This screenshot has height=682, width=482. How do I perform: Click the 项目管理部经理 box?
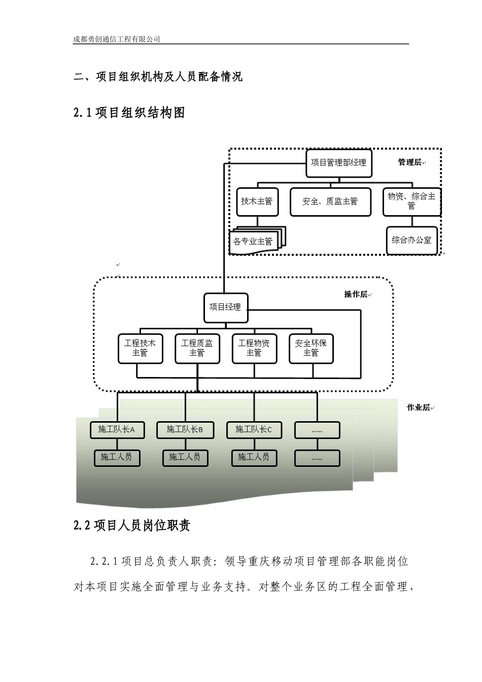338,163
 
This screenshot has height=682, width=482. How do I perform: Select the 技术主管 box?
256,201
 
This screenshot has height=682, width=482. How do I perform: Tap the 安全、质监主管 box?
330,201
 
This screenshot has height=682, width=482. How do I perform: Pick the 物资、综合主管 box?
411,201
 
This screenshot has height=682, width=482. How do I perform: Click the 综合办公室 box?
411,240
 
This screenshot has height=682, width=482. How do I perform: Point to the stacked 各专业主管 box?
254,241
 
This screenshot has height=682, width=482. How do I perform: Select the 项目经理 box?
225,308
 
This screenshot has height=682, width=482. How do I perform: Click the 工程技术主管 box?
140,348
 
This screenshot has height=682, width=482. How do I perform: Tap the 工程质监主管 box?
197,348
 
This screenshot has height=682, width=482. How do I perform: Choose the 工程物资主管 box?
254,348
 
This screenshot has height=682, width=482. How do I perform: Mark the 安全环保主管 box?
311,348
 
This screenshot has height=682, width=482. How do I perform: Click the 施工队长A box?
117,430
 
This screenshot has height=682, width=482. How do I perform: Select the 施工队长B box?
185,430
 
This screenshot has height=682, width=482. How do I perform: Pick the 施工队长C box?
254,430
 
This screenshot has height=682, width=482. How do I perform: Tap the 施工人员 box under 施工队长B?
185,457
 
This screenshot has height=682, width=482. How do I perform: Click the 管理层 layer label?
409,162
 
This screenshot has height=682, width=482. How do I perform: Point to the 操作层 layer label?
356,294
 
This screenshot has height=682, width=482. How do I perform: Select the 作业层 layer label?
419,407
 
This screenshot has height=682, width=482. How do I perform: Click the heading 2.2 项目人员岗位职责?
132,526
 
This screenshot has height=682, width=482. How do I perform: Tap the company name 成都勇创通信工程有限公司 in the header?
117,39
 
